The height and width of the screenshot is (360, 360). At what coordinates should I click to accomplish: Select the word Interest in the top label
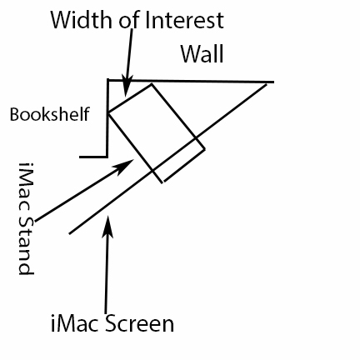[184, 20]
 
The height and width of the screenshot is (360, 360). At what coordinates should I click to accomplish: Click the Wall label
[202, 54]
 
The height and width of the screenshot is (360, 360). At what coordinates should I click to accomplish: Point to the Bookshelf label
[50, 114]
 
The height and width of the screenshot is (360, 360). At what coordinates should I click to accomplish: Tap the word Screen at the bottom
[140, 323]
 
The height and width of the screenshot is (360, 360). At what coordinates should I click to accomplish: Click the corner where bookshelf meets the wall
[108, 80]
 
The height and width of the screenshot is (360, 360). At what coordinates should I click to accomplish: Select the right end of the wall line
[274, 82]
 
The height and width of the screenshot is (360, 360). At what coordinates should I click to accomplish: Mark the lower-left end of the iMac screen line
[69, 233]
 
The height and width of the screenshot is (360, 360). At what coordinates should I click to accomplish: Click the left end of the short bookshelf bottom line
[79, 157]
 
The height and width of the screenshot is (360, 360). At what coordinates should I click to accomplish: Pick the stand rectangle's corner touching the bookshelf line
[108, 112]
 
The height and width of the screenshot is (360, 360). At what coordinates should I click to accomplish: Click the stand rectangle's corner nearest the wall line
[152, 83]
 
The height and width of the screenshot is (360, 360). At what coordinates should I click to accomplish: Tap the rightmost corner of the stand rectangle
[205, 149]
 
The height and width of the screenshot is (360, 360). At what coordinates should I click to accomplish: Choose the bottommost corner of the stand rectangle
[162, 182]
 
